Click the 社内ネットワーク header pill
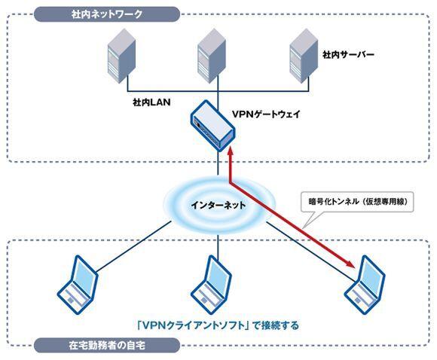click(x=107, y=14)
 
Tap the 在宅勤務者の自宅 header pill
click(x=107, y=346)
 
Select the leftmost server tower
click(x=122, y=56)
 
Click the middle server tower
click(x=212, y=56)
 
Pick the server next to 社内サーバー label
click(x=304, y=56)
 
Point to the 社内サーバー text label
click(x=348, y=55)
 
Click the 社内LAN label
click(x=151, y=102)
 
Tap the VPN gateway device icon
click(x=212, y=126)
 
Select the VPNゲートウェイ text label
click(x=266, y=114)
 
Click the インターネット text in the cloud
click(x=218, y=206)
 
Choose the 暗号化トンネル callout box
click(x=357, y=202)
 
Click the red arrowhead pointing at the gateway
click(x=230, y=152)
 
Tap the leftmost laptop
click(x=78, y=285)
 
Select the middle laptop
click(x=211, y=285)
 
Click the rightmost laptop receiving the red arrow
click(x=365, y=285)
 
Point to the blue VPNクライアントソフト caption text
click(x=218, y=325)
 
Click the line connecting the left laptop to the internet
click(x=133, y=246)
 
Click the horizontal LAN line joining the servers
click(x=218, y=91)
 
